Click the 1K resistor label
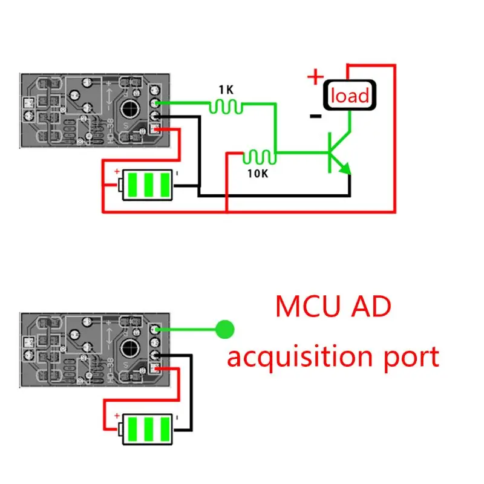(x=226, y=90)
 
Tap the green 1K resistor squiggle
(x=226, y=107)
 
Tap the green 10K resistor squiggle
(x=259, y=158)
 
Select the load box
(x=349, y=96)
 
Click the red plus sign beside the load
(x=315, y=77)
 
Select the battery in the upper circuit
(x=148, y=184)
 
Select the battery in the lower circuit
(x=148, y=429)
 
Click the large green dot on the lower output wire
(x=225, y=329)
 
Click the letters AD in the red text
(x=370, y=307)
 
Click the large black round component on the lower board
(x=129, y=348)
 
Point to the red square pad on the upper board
(x=155, y=128)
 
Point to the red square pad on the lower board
(x=155, y=367)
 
